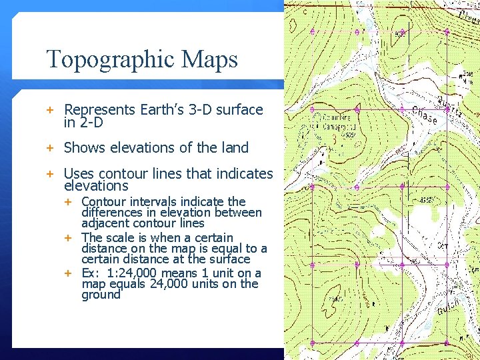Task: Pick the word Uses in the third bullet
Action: click(79, 174)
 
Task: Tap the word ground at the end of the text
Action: click(101, 295)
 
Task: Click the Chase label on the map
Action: click(424, 116)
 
